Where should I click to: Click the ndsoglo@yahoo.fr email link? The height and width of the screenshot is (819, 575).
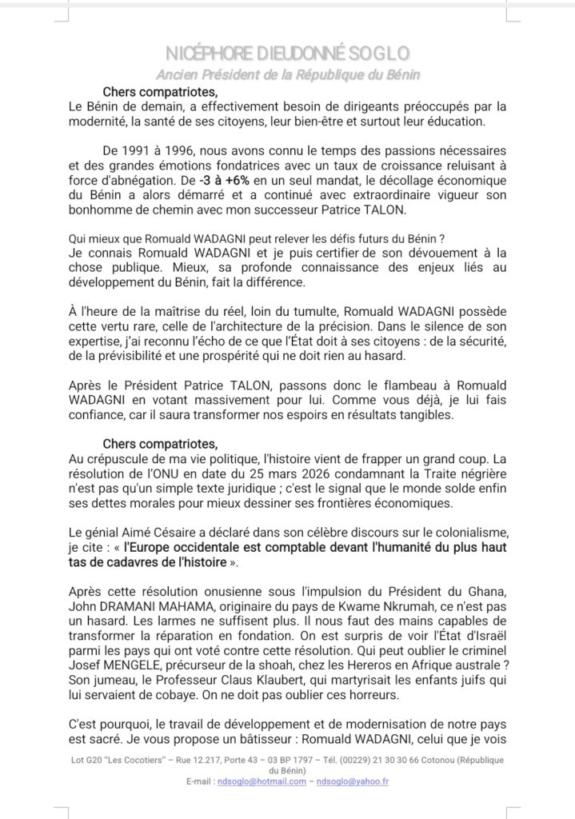[352, 781]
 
